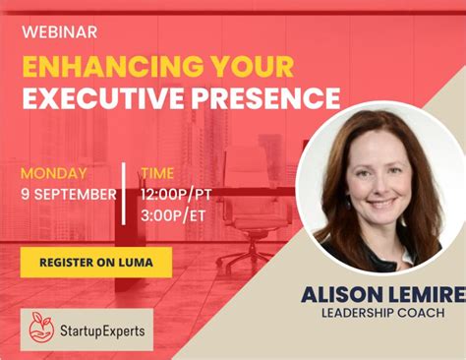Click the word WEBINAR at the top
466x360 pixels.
pyautogui.click(x=59, y=32)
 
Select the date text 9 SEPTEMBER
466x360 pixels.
pyautogui.click(x=69, y=194)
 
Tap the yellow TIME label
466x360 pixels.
pyautogui.click(x=157, y=174)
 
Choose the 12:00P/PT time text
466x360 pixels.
pyautogui.click(x=177, y=194)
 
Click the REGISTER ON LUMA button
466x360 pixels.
pyautogui.click(x=95, y=262)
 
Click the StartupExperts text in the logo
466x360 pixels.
pyautogui.click(x=100, y=330)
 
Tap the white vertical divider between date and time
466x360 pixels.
pyautogui.click(x=124, y=193)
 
